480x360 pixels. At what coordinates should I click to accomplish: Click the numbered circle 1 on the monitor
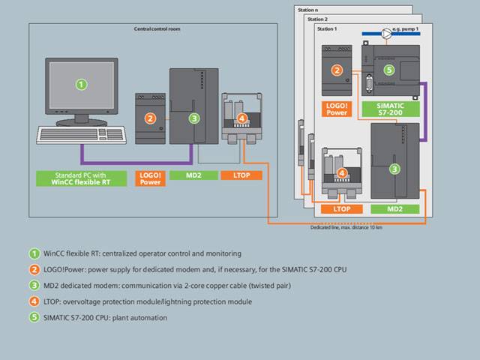[x=81, y=84]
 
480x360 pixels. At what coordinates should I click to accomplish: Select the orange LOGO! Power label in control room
[x=150, y=178]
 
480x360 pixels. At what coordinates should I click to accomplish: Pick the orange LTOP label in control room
[x=241, y=175]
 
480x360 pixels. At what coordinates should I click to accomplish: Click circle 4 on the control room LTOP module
[x=241, y=118]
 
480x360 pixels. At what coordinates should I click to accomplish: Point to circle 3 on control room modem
[x=194, y=118]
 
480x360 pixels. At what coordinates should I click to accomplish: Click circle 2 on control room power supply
[x=150, y=118]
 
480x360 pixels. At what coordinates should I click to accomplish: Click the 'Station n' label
[x=307, y=10]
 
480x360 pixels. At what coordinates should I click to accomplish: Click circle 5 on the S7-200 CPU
[x=388, y=69]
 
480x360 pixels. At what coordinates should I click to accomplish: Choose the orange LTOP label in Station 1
[x=342, y=208]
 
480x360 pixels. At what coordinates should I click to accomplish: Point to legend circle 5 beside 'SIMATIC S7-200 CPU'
[x=33, y=317]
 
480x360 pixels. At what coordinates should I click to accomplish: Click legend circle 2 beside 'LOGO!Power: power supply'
[x=33, y=269]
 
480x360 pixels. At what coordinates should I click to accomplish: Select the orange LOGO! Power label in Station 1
[x=337, y=109]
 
